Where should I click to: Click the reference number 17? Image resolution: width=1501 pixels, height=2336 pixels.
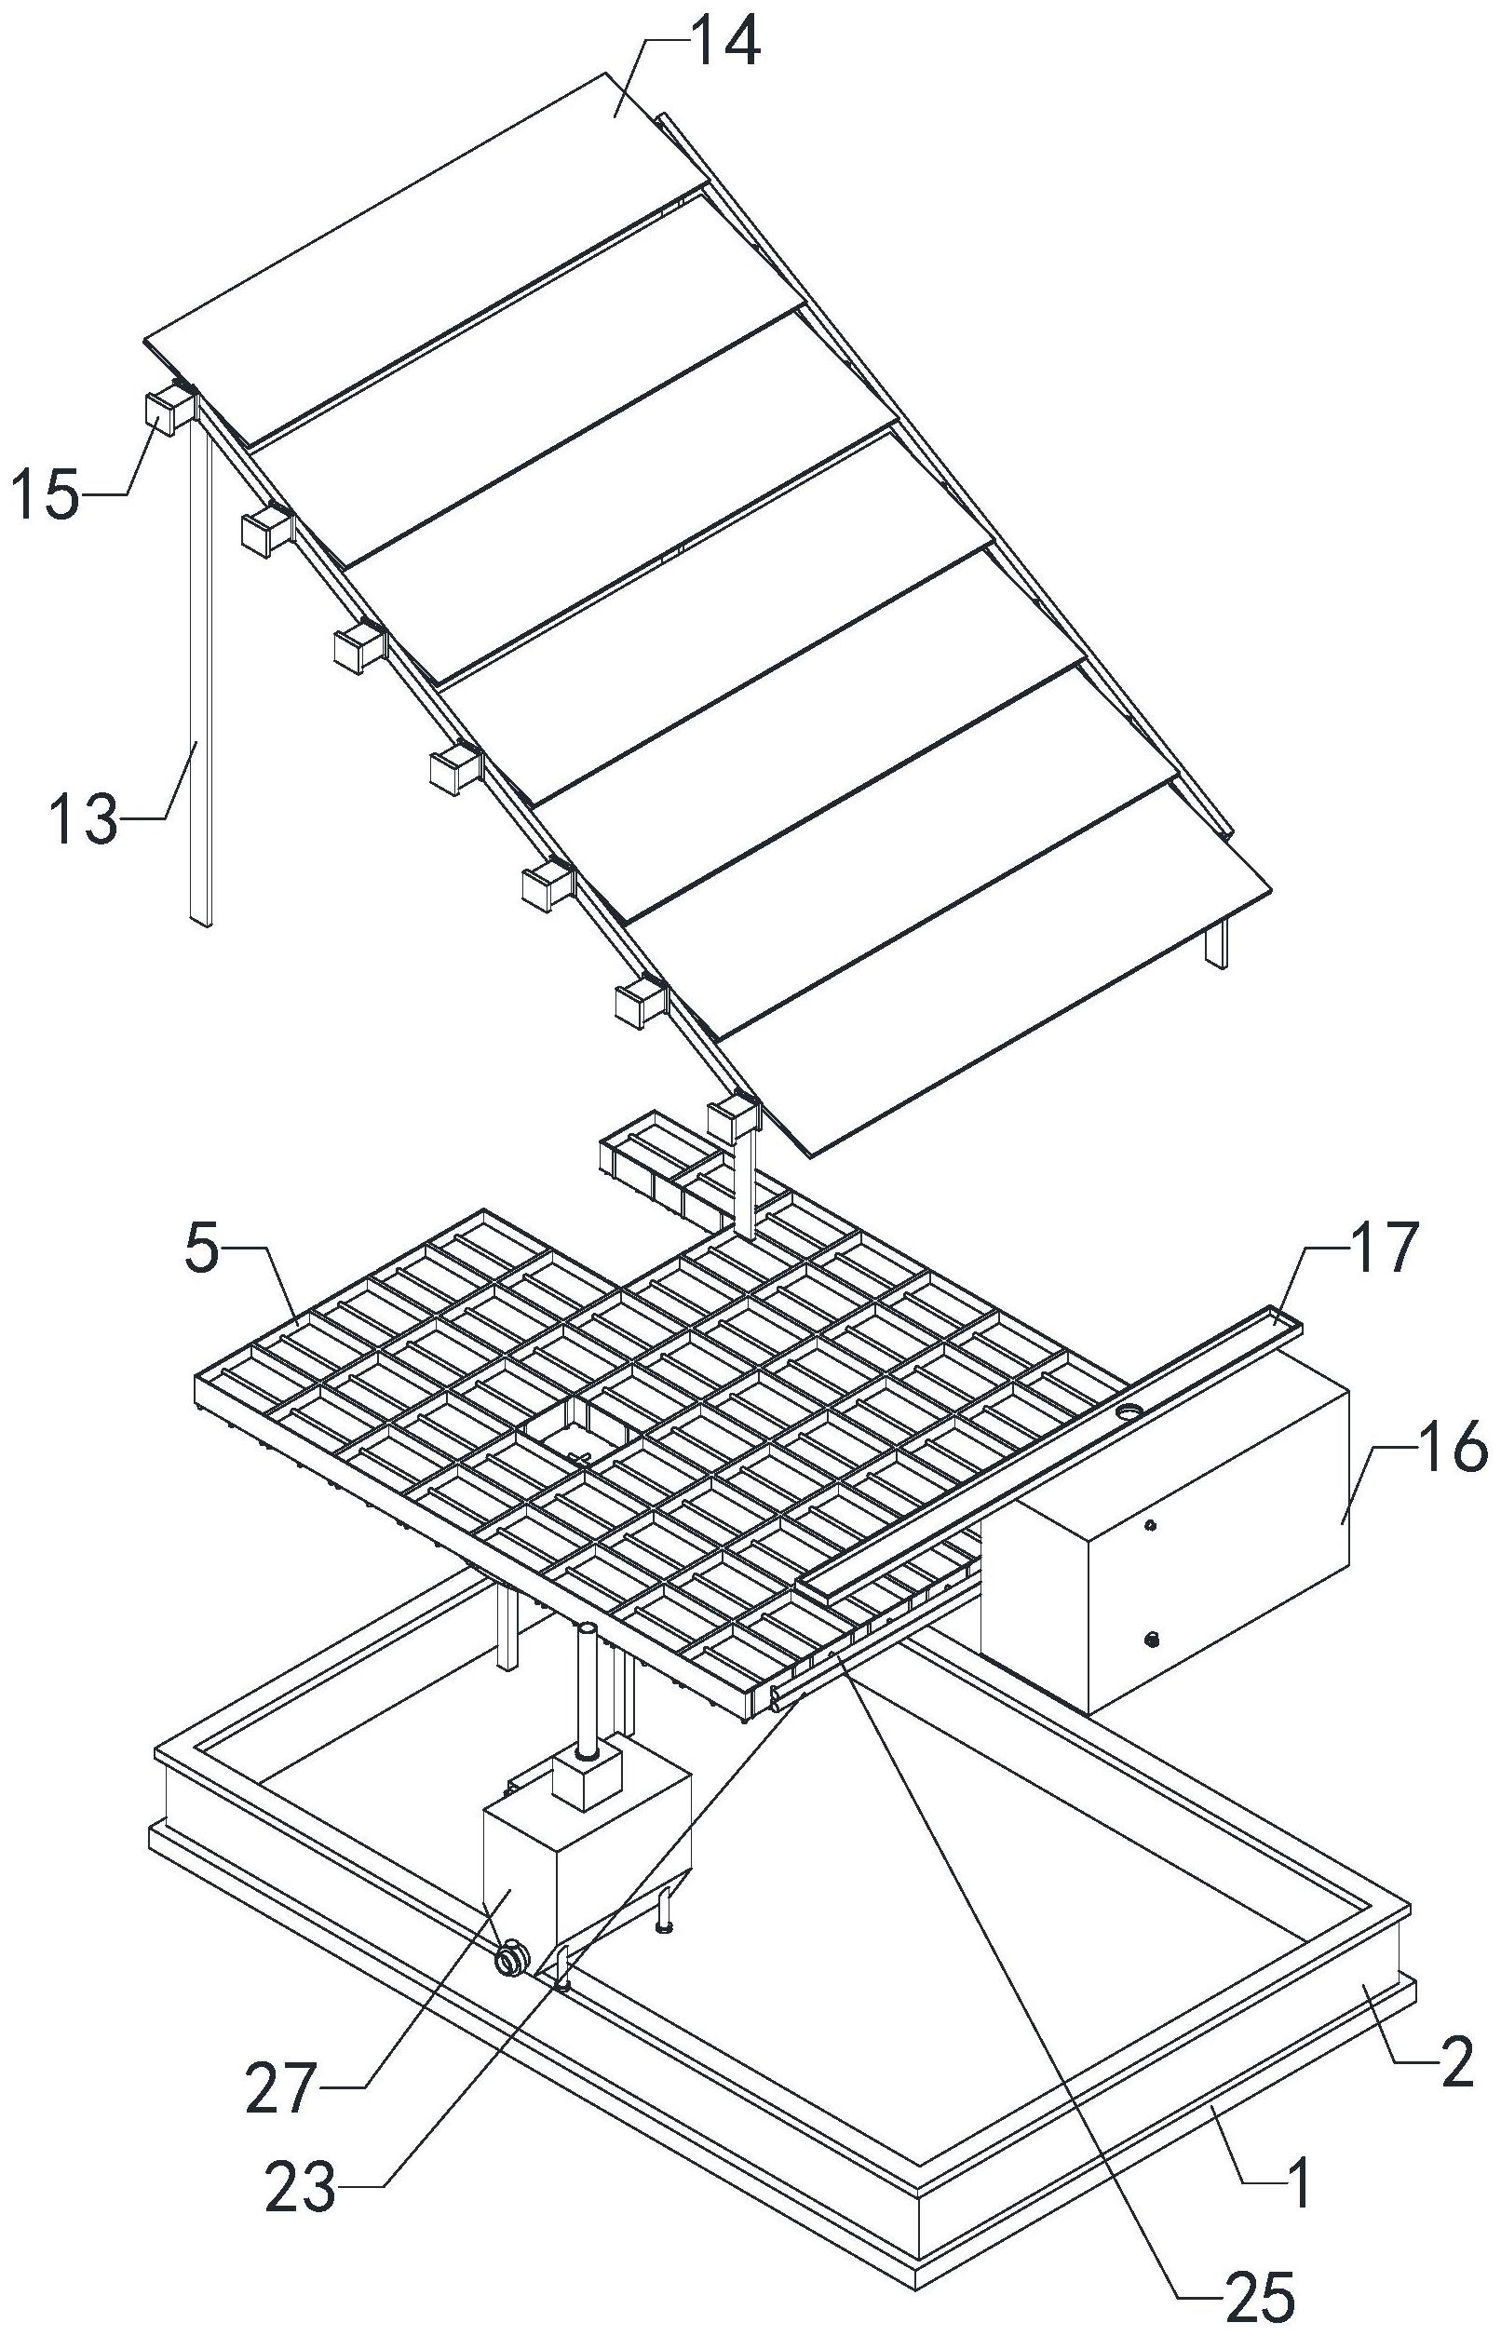coord(1376,1249)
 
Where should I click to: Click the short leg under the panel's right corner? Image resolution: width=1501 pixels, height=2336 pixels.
coord(1216,944)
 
